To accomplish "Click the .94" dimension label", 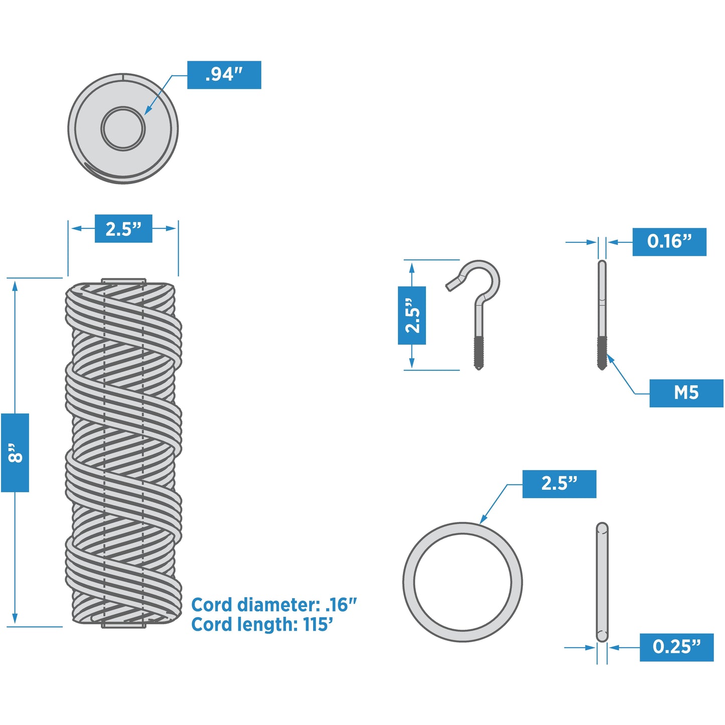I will (224, 75).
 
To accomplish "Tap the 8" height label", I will (15, 453).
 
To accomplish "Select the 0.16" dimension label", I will (669, 242).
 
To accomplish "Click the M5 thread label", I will (686, 393).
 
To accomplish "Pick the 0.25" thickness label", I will (676, 647).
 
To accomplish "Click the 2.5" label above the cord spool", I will (123, 229).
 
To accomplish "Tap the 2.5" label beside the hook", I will (412, 316).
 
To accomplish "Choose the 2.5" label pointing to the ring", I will (559, 484).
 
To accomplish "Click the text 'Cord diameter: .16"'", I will (274, 605).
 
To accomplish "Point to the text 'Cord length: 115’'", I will (262, 625).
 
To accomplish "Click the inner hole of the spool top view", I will (123, 128).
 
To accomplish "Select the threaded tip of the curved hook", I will (478, 353).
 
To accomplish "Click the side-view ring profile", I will (602, 582).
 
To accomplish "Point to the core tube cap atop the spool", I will (123, 281).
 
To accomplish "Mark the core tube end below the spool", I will (123, 625).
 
